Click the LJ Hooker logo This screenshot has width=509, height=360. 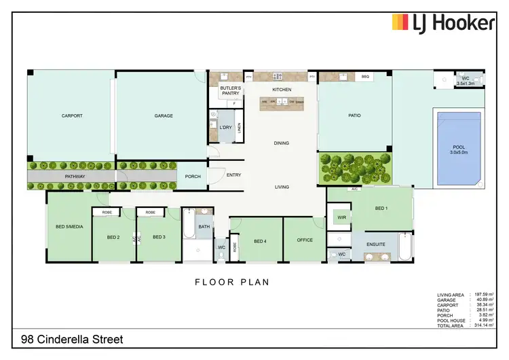pyautogui.click(x=443, y=23)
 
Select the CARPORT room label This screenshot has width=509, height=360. pyautogui.click(x=72, y=115)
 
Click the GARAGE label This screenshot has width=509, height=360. pyautogui.click(x=163, y=115)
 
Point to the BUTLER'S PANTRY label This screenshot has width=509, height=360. pyautogui.click(x=230, y=92)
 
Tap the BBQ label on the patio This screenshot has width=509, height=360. pyautogui.click(x=364, y=76)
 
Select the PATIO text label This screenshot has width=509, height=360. pyautogui.click(x=354, y=115)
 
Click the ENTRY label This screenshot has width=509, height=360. pyautogui.click(x=233, y=175)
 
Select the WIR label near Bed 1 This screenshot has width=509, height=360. pyautogui.click(x=341, y=217)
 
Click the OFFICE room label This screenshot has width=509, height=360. pyautogui.click(x=305, y=240)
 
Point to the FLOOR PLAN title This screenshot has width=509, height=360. pyautogui.click(x=233, y=281)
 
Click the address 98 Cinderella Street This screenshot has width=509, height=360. pyautogui.click(x=74, y=338)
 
